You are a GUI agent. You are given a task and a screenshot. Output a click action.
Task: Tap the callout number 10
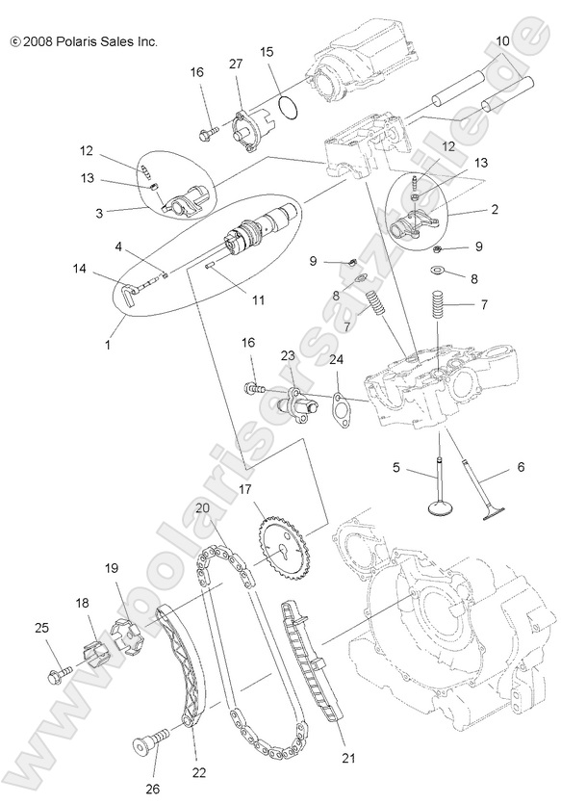click(502, 41)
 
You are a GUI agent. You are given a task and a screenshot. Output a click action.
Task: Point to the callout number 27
click(236, 64)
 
